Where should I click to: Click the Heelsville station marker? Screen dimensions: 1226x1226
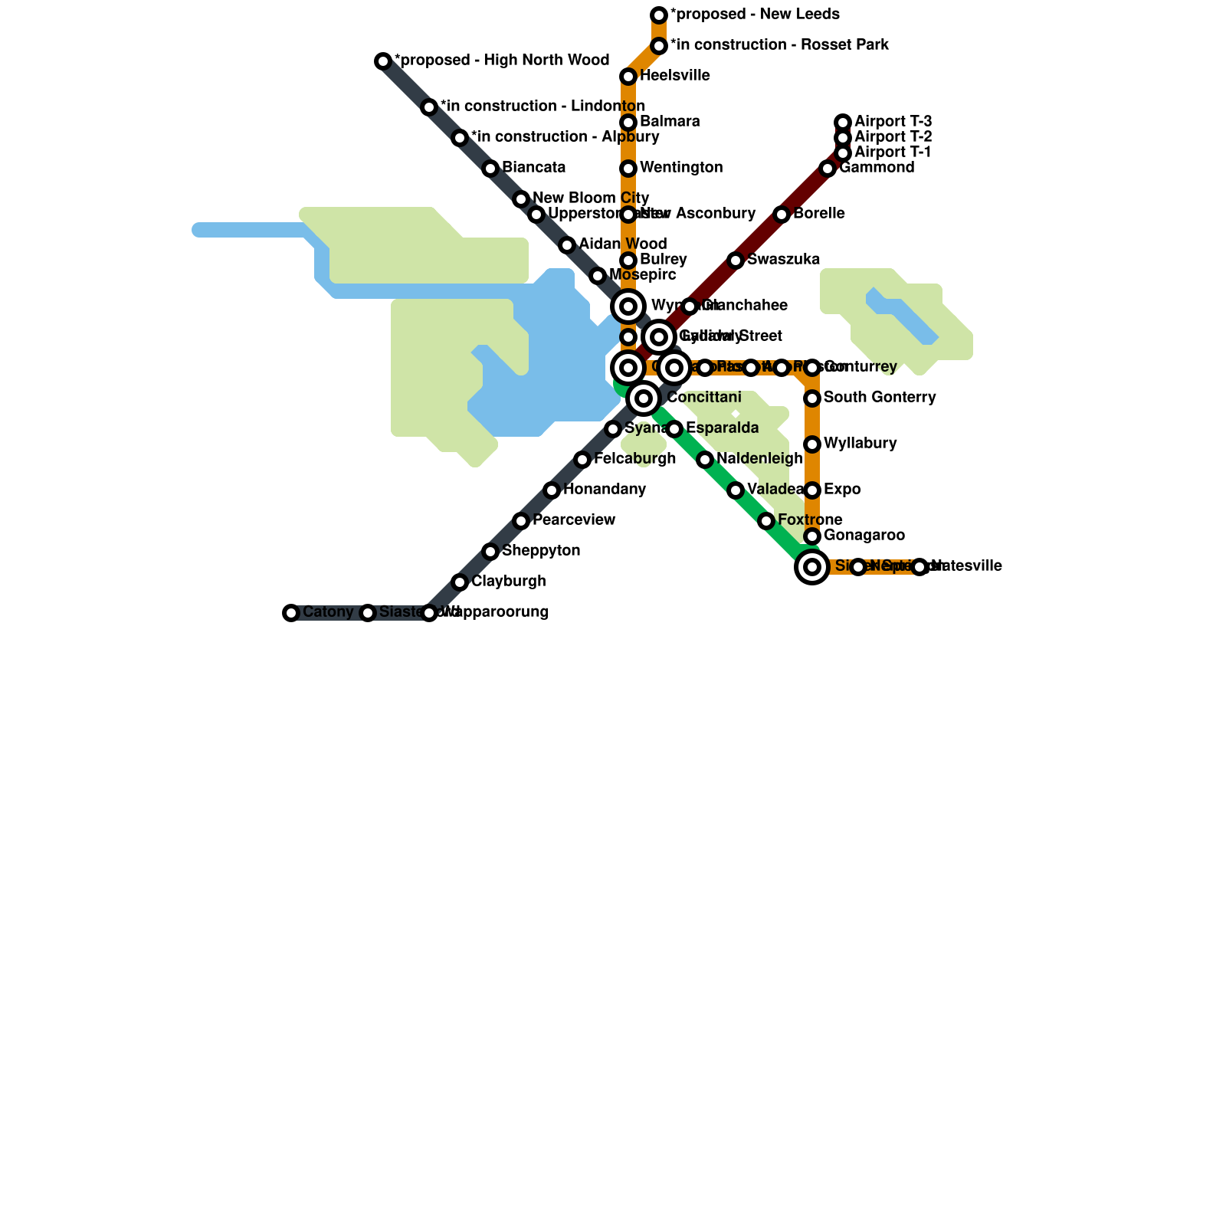pyautogui.click(x=628, y=77)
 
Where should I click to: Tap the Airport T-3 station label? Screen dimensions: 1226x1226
pyautogui.click(x=893, y=122)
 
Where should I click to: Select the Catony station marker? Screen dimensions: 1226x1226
pyautogui.click(x=291, y=613)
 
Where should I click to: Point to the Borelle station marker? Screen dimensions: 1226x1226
pyautogui.click(x=782, y=215)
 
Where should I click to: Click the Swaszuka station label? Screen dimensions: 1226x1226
pyautogui.click(x=783, y=260)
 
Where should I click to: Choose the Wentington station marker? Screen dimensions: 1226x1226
pyautogui.click(x=628, y=169)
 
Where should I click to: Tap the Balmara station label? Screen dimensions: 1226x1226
pyautogui.click(x=670, y=122)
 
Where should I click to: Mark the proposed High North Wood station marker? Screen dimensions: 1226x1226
pyautogui.click(x=383, y=61)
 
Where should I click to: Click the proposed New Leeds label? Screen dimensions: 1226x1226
pyautogui.click(x=755, y=15)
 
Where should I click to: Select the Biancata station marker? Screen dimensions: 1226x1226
pyautogui.click(x=490, y=169)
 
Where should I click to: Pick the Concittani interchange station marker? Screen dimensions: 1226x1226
pyautogui.click(x=644, y=398)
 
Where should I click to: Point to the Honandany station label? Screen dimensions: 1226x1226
pyautogui.click(x=605, y=490)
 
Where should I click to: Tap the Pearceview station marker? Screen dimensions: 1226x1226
pyautogui.click(x=521, y=521)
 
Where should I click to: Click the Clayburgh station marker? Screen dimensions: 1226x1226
pyautogui.click(x=460, y=582)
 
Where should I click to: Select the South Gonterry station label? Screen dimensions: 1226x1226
pyautogui.click(x=880, y=398)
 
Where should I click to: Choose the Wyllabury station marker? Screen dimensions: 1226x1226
pyautogui.click(x=812, y=444)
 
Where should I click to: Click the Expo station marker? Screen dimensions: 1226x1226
pyautogui.click(x=812, y=490)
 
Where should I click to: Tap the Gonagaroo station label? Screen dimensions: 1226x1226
pyautogui.click(x=864, y=536)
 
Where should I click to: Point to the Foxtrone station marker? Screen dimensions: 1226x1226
pyautogui.click(x=766, y=521)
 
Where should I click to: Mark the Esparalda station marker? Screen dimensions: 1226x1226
pyautogui.click(x=674, y=429)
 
